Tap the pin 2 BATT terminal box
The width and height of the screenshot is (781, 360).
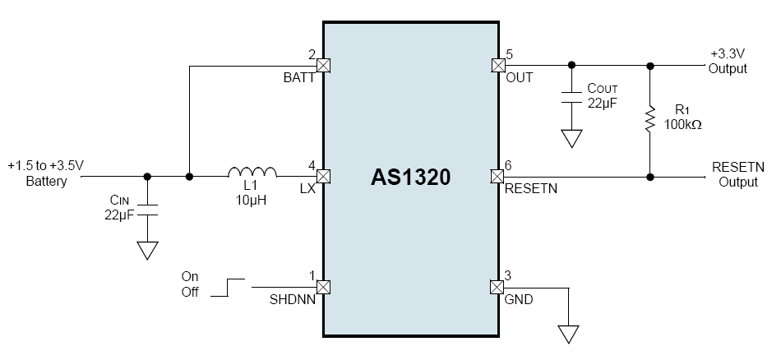323,65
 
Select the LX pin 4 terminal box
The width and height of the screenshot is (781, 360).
323,176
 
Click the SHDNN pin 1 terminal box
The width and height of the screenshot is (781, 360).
323,287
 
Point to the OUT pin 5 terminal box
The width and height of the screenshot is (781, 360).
497,65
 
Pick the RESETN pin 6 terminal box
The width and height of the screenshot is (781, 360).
497,176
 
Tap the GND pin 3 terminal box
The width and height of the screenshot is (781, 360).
497,287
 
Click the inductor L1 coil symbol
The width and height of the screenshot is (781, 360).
252,172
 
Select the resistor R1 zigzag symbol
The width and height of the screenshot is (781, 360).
649,120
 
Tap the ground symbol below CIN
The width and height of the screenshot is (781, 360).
147,250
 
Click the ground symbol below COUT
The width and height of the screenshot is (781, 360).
571,138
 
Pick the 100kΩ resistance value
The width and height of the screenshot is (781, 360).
683,125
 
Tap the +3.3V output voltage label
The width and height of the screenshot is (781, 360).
728,54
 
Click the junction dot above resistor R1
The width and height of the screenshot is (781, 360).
649,65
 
